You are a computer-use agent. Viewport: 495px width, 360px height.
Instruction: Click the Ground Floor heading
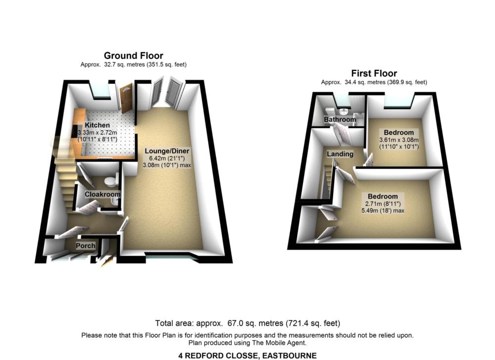click(x=133, y=55)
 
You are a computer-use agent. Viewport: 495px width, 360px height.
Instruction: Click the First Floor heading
click(x=374, y=73)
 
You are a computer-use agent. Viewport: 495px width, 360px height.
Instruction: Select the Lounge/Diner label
click(x=167, y=151)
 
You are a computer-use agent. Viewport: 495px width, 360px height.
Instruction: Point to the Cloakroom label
click(x=102, y=195)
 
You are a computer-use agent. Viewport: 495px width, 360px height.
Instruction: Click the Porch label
click(x=85, y=246)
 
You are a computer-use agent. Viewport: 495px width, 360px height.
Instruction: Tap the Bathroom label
click(x=340, y=120)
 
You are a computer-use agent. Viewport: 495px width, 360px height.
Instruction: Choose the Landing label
click(x=340, y=154)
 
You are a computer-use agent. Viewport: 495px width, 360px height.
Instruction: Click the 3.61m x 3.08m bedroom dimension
click(x=398, y=140)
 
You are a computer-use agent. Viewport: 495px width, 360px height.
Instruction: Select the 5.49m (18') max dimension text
click(x=383, y=210)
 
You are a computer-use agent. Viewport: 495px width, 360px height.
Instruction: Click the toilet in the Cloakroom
click(x=115, y=178)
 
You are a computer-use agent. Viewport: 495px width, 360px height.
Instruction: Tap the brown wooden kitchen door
click(x=126, y=99)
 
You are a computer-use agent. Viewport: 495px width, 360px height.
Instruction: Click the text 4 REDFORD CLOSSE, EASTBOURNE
click(x=247, y=355)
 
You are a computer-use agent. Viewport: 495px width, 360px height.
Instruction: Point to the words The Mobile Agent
click(x=282, y=343)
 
